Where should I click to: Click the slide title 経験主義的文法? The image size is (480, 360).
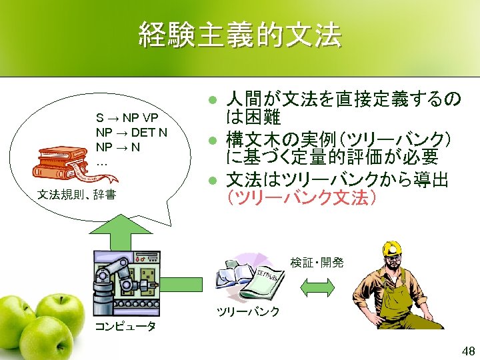tap(239, 35)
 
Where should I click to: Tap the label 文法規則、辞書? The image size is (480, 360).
tap(77, 195)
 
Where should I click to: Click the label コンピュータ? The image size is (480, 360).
tap(125, 326)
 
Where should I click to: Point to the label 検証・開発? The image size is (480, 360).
tap(317, 263)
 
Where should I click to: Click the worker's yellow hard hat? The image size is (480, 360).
tap(392, 247)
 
